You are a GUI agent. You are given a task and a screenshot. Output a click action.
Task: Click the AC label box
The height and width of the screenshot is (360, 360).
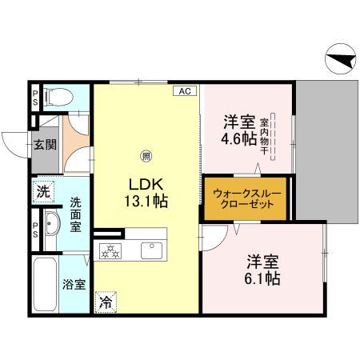[184, 91]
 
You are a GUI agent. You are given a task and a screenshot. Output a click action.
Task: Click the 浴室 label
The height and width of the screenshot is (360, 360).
[74, 284]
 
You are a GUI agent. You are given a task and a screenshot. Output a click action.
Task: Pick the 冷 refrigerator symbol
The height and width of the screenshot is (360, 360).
[106, 302]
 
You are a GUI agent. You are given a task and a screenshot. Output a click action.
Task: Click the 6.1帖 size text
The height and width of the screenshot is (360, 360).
[262, 279]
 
